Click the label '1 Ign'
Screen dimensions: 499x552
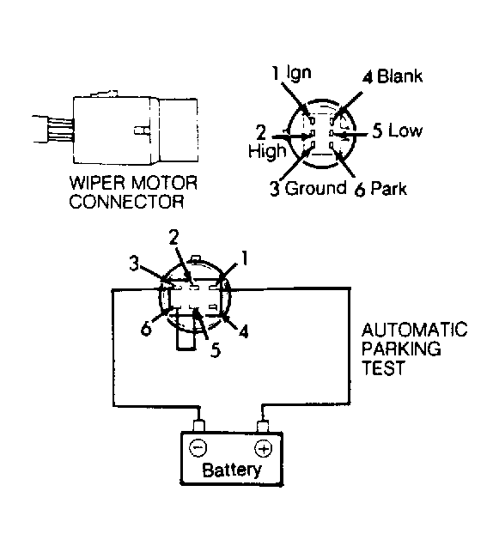pyautogui.click(x=291, y=73)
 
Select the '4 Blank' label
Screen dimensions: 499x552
pyautogui.click(x=393, y=76)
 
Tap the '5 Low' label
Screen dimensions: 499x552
pyautogui.click(x=398, y=131)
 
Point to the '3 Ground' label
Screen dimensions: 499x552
pyautogui.click(x=308, y=188)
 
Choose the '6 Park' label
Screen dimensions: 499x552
pyautogui.click(x=380, y=189)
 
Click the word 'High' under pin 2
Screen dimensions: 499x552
pyautogui.click(x=267, y=151)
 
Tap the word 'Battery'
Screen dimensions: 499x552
pyautogui.click(x=232, y=470)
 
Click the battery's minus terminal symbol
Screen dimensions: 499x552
pyautogui.click(x=198, y=448)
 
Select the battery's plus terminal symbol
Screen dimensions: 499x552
pyautogui.click(x=263, y=449)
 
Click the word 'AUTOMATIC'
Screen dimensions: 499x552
pyautogui.click(x=414, y=330)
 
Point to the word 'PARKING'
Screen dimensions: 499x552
pyautogui.click(x=401, y=349)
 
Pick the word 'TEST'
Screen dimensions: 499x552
pyautogui.click(x=383, y=368)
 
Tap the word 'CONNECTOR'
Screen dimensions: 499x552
pyautogui.click(x=126, y=202)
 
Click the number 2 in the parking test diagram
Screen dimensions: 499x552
pyautogui.click(x=174, y=237)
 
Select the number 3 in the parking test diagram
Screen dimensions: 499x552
pyautogui.click(x=134, y=264)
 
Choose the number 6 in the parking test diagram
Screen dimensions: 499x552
pyautogui.click(x=146, y=329)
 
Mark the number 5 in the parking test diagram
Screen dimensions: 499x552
pyautogui.click(x=216, y=349)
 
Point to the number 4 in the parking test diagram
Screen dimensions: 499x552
pyautogui.click(x=243, y=331)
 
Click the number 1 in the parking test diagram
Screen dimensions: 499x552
pyautogui.click(x=244, y=258)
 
